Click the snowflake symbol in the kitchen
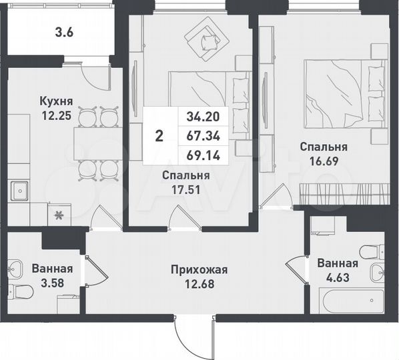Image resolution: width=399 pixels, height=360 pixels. point(58,214)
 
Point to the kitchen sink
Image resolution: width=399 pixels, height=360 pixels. point(20,191)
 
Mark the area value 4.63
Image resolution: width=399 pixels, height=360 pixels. point(337,276)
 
